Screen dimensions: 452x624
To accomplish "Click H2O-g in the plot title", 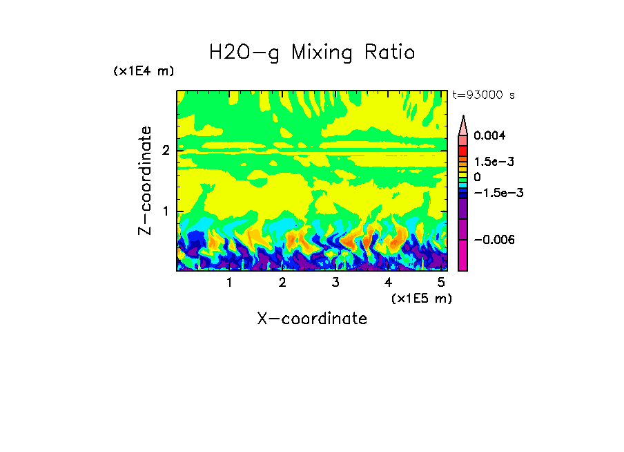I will pos(244,53).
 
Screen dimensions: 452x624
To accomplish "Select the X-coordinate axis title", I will pos(311,319).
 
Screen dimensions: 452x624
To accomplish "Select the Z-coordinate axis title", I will pos(145,181).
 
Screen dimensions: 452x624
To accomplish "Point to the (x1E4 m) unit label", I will pos(144,71).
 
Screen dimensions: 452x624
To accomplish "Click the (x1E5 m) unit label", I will pos(421,298).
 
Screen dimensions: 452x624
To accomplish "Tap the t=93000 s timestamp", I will pos(483,95).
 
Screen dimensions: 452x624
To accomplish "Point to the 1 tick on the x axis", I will pos(230,283).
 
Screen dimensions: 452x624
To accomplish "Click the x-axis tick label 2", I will pos(282,283).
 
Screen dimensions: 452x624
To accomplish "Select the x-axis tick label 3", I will pos(335,283).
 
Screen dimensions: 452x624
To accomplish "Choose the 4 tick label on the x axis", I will pos(388,283).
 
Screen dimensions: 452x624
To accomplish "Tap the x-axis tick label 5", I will pos(440,283).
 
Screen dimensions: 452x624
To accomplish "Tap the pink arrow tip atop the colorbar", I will pos(463,123).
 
